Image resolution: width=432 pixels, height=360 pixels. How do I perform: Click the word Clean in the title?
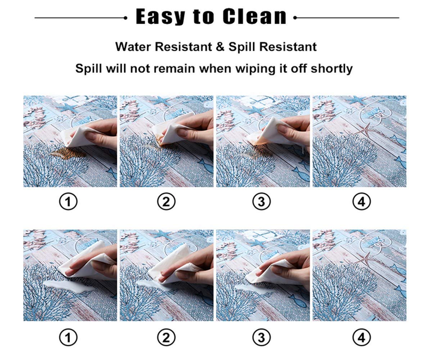point(255,17)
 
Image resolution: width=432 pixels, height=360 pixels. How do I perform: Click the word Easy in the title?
point(160,17)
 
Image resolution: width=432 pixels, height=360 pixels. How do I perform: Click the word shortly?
point(332,69)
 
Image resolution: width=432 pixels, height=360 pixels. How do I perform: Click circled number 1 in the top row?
point(68,201)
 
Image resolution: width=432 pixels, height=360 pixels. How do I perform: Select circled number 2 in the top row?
point(166,201)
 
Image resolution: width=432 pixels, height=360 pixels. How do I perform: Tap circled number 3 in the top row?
point(261,201)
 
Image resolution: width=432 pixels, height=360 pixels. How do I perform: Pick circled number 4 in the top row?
point(361,201)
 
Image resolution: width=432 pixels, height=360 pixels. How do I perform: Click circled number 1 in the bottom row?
point(68,337)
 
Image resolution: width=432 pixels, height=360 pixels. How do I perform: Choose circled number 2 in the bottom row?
point(166,337)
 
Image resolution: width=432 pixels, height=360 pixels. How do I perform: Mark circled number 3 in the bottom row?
point(261,337)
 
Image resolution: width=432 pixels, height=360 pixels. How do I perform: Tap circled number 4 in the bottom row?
point(361,337)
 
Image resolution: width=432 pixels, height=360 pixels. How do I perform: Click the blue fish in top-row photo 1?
point(112,172)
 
